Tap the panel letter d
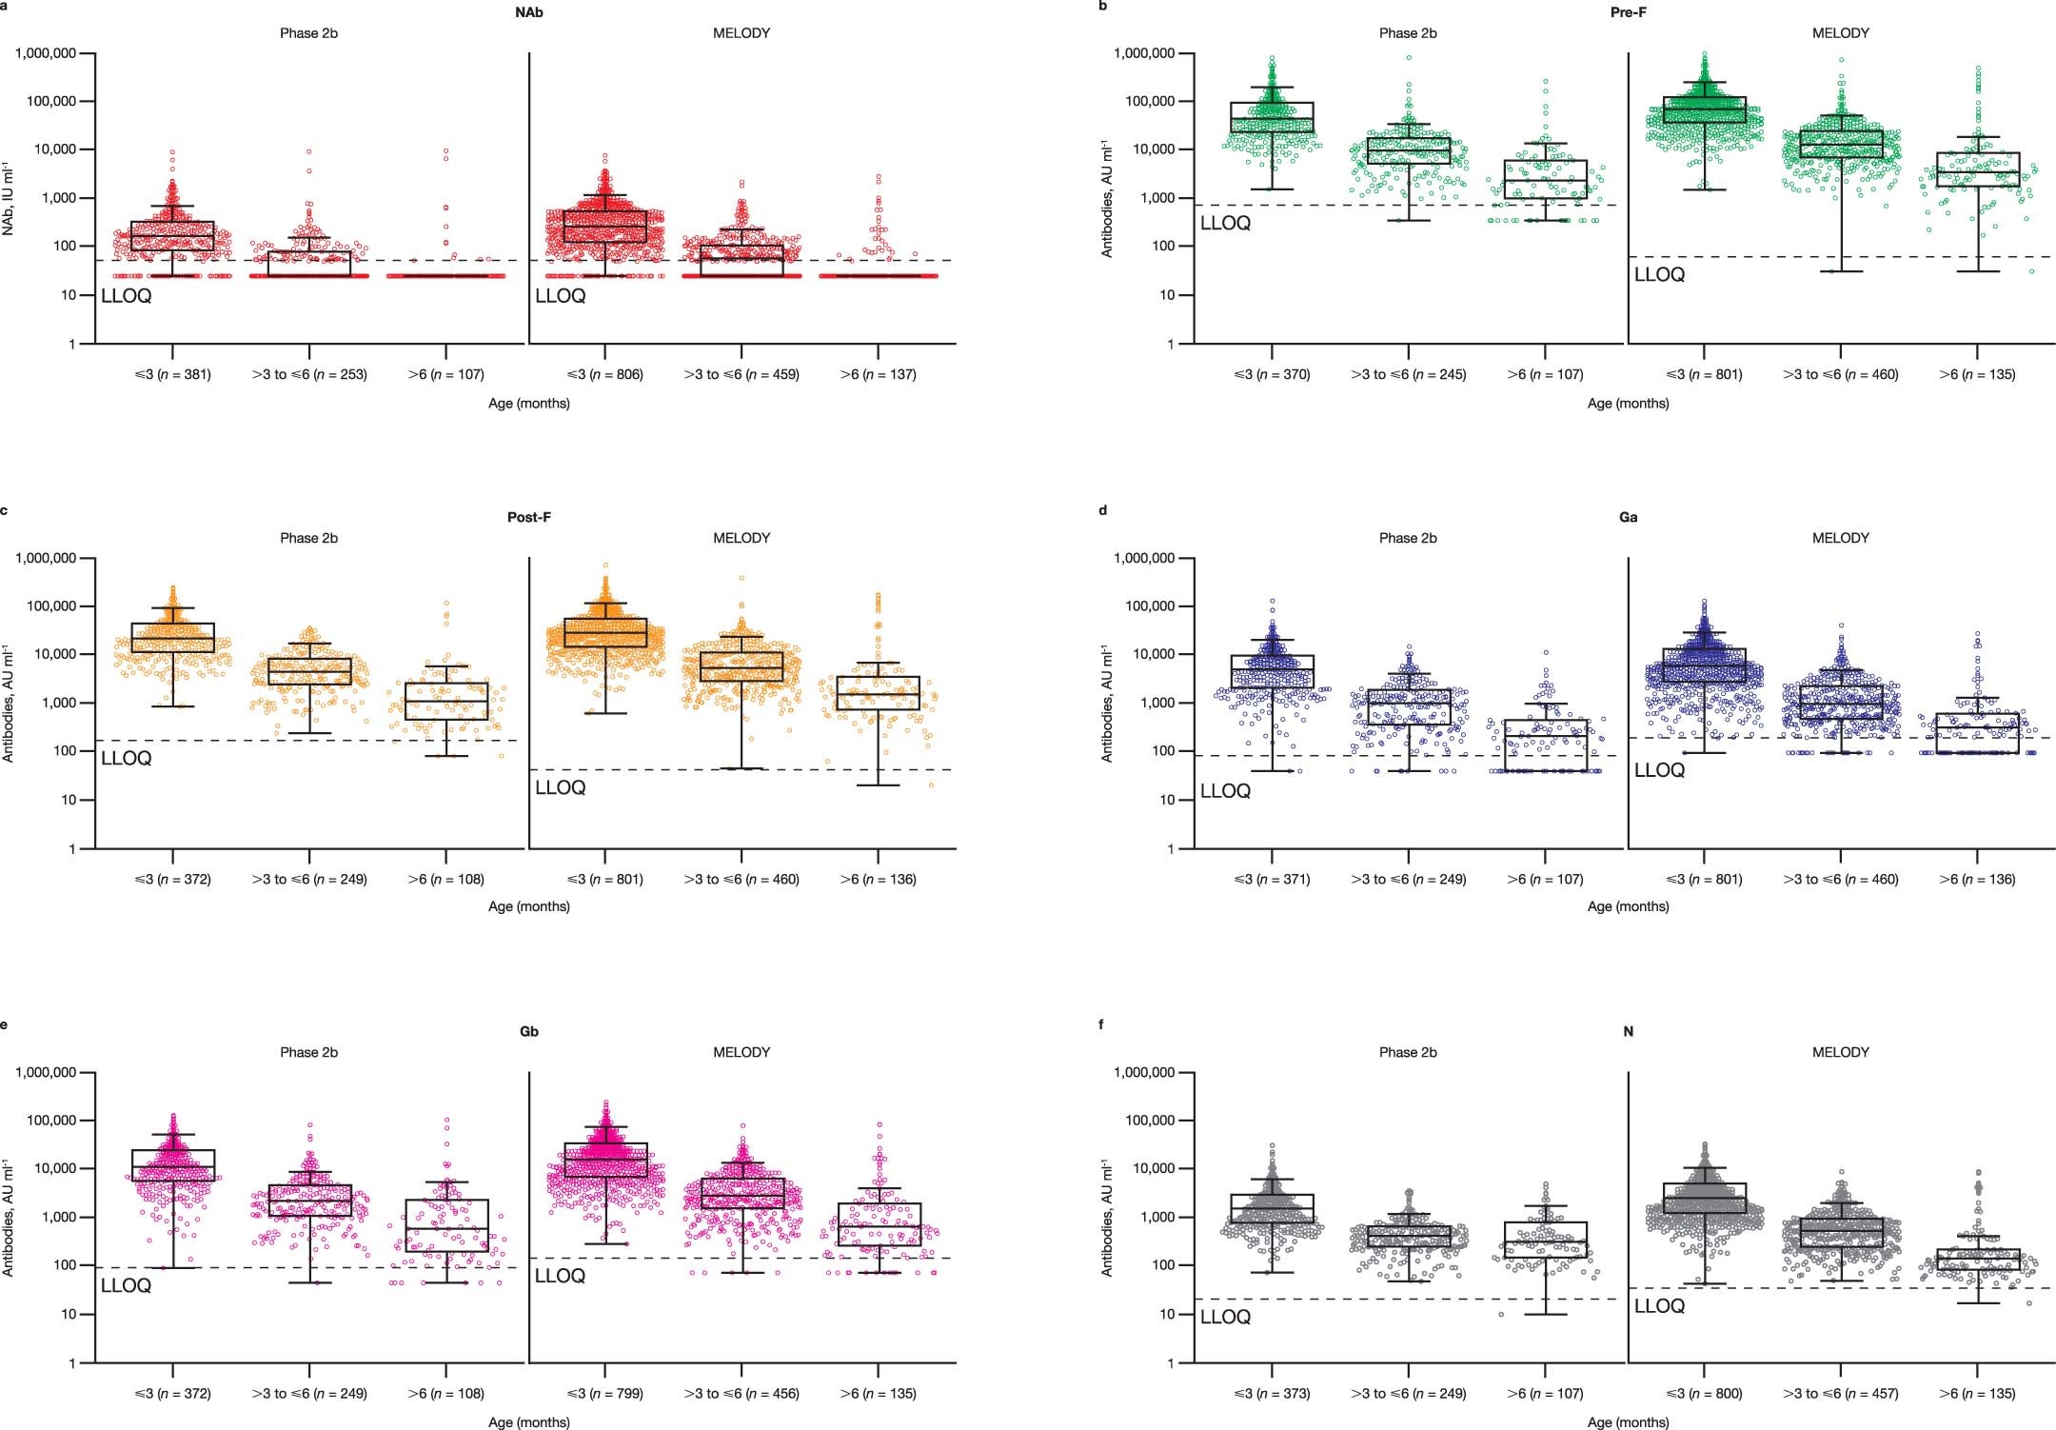tap(1103, 511)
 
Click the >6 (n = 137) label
tap(878, 375)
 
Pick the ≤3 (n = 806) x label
tap(604, 375)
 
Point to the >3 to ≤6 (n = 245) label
tap(1408, 375)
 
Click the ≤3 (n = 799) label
tap(604, 1394)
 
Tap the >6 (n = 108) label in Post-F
tap(445, 880)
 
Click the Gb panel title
tap(528, 1032)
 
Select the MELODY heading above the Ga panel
tap(1840, 538)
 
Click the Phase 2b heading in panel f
tap(1408, 1052)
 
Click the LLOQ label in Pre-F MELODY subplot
tap(1659, 275)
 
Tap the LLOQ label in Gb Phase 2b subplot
tap(126, 1286)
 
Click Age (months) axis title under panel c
tap(528, 906)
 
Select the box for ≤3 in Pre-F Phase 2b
tap(1272, 117)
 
